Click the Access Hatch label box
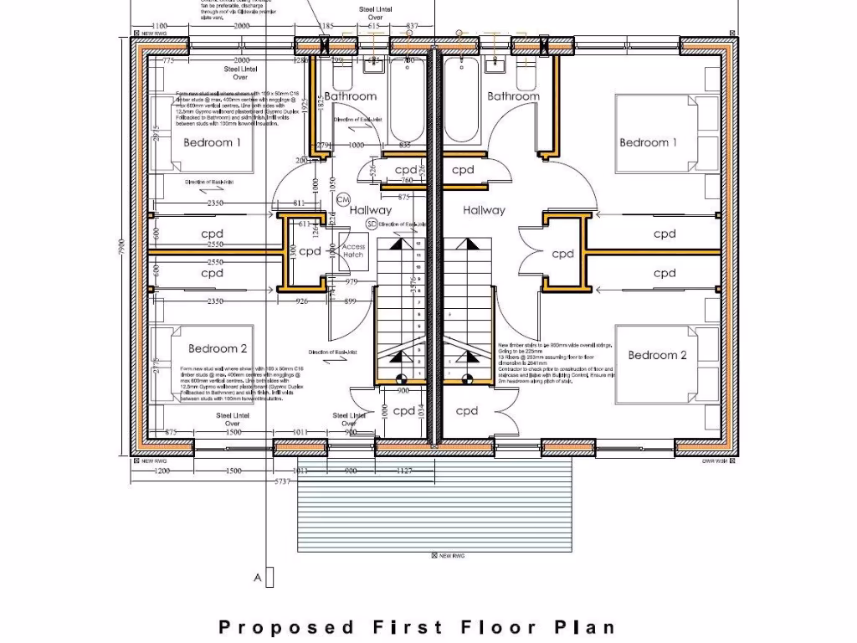tap(353, 251)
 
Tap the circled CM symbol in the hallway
tap(342, 199)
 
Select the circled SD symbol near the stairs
tap(372, 224)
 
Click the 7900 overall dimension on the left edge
tap(121, 248)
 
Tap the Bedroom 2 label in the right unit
tap(657, 355)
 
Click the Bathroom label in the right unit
tap(513, 96)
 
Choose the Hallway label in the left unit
tap(370, 210)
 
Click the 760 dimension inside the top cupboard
tap(407, 180)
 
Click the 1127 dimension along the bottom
tap(403, 471)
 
